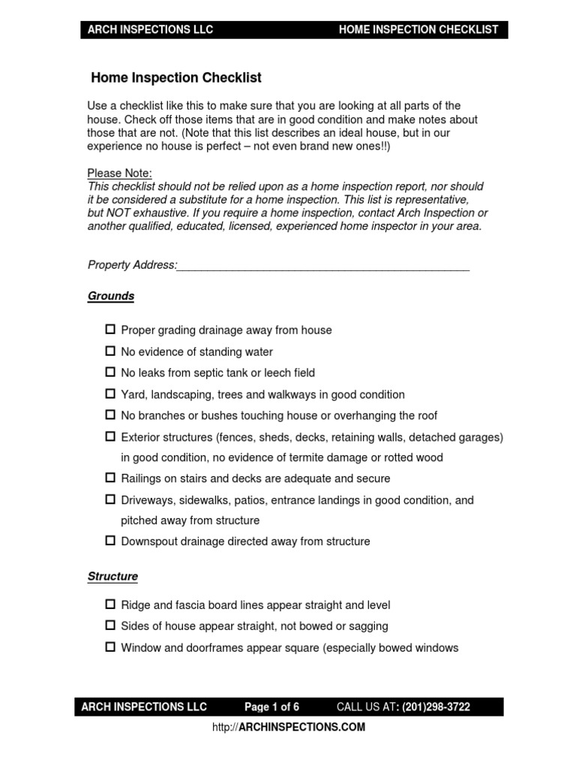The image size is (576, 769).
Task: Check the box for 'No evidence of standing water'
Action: point(110,351)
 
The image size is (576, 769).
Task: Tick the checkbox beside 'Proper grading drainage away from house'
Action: point(110,330)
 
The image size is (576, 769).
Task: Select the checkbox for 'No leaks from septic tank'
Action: point(110,372)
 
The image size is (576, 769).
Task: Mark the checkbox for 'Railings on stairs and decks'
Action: point(110,478)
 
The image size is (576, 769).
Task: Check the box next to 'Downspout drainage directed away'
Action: point(110,541)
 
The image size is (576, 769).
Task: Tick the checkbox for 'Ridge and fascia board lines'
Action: point(110,604)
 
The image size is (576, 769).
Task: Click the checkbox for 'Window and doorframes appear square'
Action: point(110,647)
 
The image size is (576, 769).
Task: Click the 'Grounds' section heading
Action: point(111,296)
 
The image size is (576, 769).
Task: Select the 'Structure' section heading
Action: point(112,577)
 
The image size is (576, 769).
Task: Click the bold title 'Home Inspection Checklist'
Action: point(175,77)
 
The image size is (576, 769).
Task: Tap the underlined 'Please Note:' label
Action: point(120,173)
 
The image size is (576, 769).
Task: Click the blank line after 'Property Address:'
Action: point(322,265)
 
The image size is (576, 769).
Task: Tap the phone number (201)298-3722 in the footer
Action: point(436,707)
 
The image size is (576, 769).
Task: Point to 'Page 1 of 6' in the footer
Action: point(271,707)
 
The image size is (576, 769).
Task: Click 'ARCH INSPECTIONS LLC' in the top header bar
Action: point(151,30)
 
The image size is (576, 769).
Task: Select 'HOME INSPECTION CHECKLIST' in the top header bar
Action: point(418,30)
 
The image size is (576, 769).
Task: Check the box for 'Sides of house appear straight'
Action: point(110,625)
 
